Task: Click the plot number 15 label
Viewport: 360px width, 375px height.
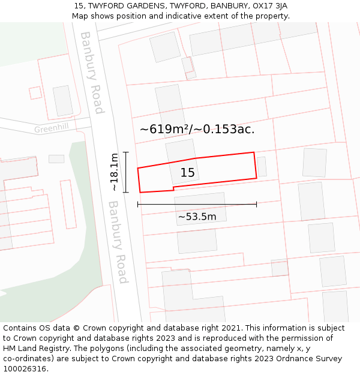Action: (187, 173)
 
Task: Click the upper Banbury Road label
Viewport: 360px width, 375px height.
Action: (92, 72)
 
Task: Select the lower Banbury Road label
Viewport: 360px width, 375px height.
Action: (118, 242)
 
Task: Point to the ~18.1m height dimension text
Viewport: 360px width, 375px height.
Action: (113, 172)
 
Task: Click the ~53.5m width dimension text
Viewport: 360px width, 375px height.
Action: (197, 217)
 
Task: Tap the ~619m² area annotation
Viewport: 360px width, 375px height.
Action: (197, 129)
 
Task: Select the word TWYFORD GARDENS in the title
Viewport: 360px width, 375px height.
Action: (125, 5)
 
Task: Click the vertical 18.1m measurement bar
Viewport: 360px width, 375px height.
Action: (125, 172)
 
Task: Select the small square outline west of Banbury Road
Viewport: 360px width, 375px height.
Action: (35, 92)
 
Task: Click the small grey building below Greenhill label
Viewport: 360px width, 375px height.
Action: (56, 159)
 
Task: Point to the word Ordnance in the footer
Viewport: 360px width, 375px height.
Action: (293, 359)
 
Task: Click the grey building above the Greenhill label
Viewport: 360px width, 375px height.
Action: (63, 101)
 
